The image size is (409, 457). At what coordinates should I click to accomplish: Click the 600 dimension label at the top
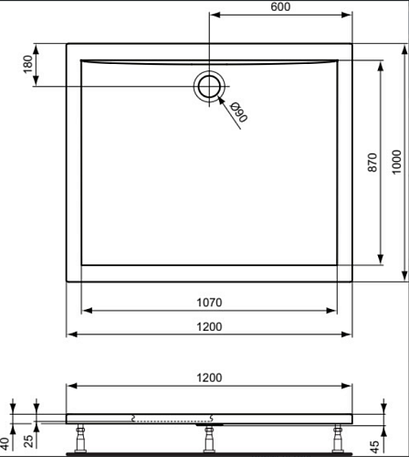tap(280, 6)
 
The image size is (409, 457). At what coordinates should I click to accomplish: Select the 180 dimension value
tap(28, 64)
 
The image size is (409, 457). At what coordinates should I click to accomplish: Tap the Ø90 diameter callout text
tap(239, 112)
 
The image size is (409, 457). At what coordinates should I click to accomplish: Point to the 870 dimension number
tap(372, 163)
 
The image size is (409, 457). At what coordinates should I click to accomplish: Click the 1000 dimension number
tap(396, 162)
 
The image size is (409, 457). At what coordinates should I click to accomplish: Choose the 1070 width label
tap(209, 303)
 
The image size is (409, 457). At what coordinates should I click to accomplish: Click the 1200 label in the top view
tap(209, 327)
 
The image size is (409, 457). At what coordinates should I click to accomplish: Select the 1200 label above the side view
tap(209, 377)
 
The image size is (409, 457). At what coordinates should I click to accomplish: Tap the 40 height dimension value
tap(5, 443)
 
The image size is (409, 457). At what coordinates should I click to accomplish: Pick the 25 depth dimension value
tap(28, 441)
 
